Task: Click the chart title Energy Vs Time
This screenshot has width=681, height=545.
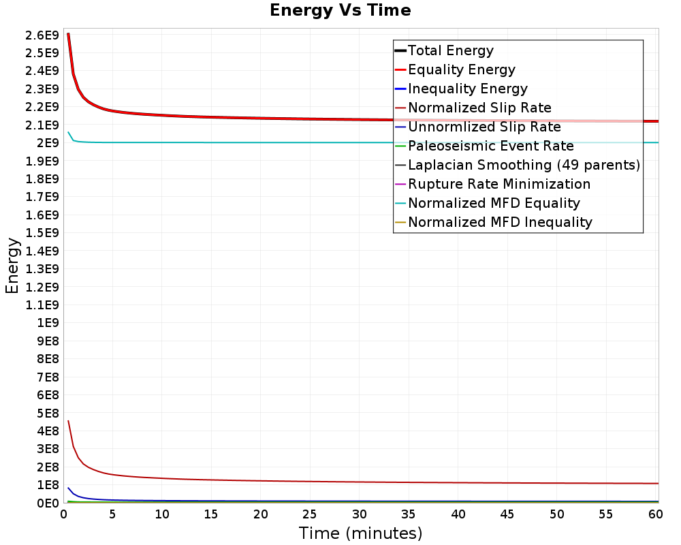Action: click(340, 10)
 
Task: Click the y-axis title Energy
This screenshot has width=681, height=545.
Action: click(12, 265)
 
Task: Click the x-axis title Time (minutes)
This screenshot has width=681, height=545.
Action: click(360, 533)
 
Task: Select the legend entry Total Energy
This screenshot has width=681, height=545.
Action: click(450, 50)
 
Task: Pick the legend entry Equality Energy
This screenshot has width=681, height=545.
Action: click(461, 69)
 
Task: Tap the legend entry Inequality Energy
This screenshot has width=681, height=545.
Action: click(467, 89)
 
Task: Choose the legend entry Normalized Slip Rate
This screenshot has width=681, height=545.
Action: click(479, 108)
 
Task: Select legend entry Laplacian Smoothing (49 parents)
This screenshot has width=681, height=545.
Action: click(523, 165)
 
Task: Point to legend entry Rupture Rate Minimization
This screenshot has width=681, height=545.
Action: click(499, 184)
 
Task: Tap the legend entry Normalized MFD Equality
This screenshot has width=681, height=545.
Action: click(494, 203)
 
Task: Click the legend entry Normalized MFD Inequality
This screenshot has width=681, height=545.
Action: click(500, 222)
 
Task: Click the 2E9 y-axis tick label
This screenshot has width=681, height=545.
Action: click(48, 142)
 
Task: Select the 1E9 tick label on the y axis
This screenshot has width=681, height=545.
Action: click(48, 322)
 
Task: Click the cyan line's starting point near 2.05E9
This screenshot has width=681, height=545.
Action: click(68, 132)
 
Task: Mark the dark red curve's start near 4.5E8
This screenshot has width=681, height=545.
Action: click(68, 420)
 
